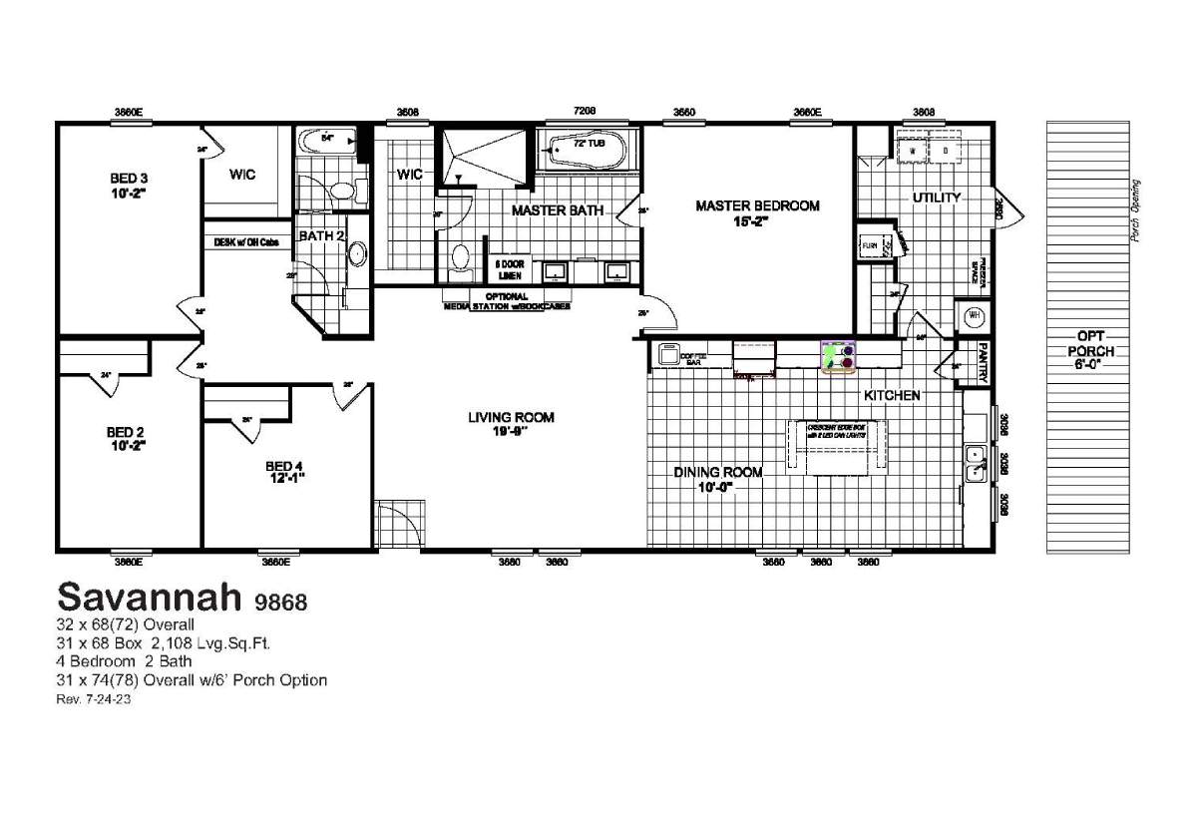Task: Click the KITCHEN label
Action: point(892,396)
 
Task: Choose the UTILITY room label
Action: point(936,198)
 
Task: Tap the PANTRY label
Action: point(983,364)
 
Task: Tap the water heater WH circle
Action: point(975,316)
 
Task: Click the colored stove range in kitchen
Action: point(839,356)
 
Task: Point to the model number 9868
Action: point(279,602)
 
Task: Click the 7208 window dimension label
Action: point(584,112)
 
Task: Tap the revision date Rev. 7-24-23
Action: point(95,700)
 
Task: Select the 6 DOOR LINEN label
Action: point(509,270)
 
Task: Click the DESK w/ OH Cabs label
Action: point(246,242)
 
